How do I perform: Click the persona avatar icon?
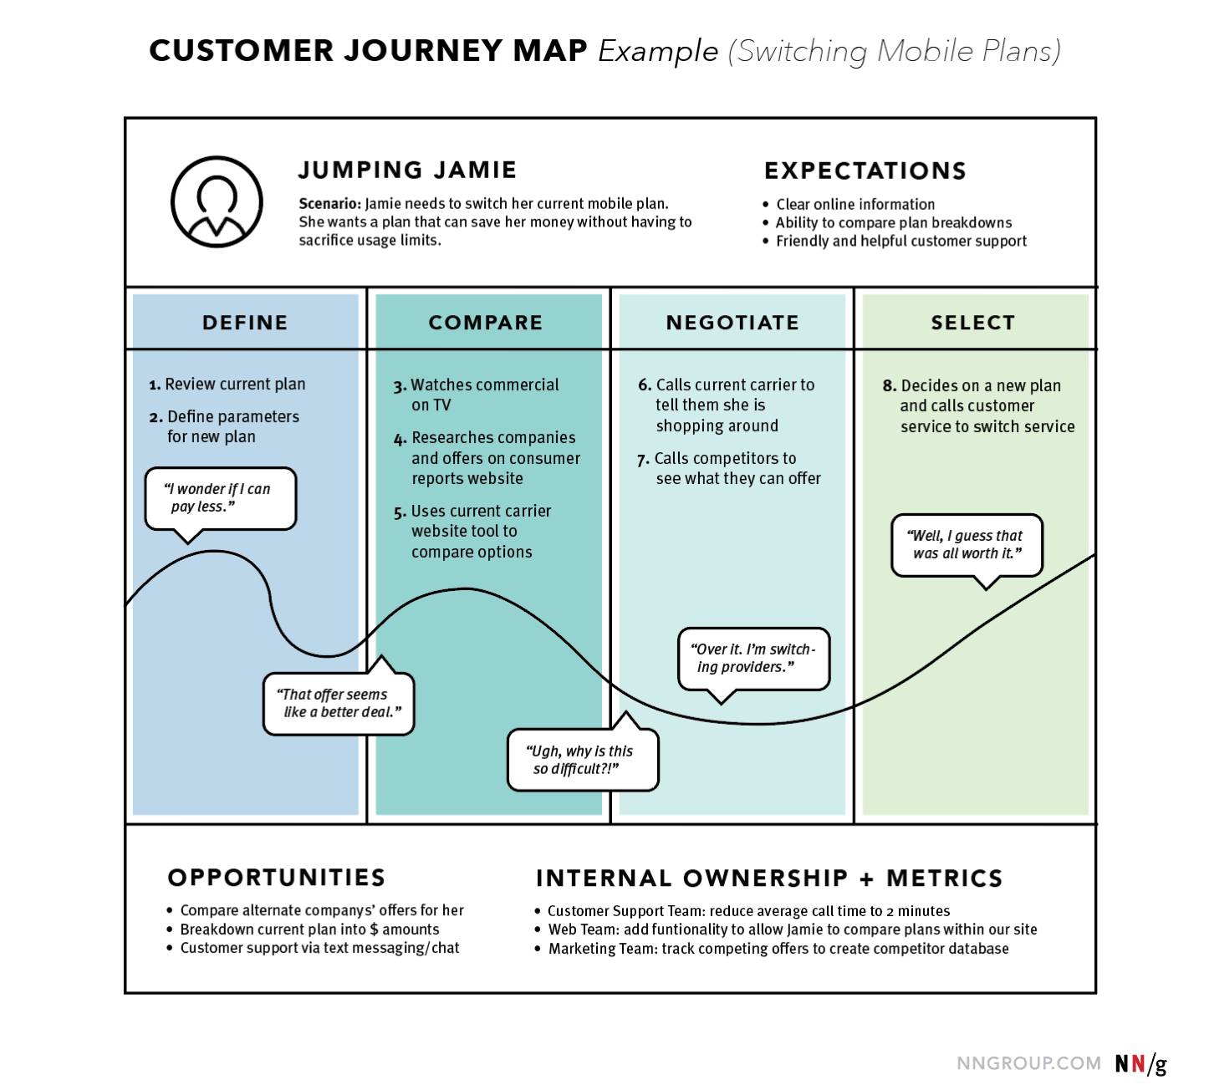[217, 201]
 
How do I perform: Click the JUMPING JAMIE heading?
[407, 170]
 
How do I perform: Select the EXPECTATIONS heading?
[865, 171]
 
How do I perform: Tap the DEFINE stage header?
[245, 323]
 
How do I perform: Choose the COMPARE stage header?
[486, 323]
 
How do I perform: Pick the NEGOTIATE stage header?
[732, 323]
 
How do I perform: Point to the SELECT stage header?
[973, 323]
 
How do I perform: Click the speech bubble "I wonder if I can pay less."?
[221, 498]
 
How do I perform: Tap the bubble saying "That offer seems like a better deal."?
[339, 704]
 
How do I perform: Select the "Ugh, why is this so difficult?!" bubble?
[583, 760]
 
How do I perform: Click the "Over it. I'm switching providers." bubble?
[753, 659]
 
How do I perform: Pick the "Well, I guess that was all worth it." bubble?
[967, 545]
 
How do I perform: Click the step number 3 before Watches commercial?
[400, 386]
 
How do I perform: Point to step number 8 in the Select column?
[889, 386]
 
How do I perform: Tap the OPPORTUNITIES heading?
[277, 878]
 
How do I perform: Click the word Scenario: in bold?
[329, 204]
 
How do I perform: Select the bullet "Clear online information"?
[855, 205]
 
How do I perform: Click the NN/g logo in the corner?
[1140, 1064]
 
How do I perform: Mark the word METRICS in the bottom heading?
[945, 879]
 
